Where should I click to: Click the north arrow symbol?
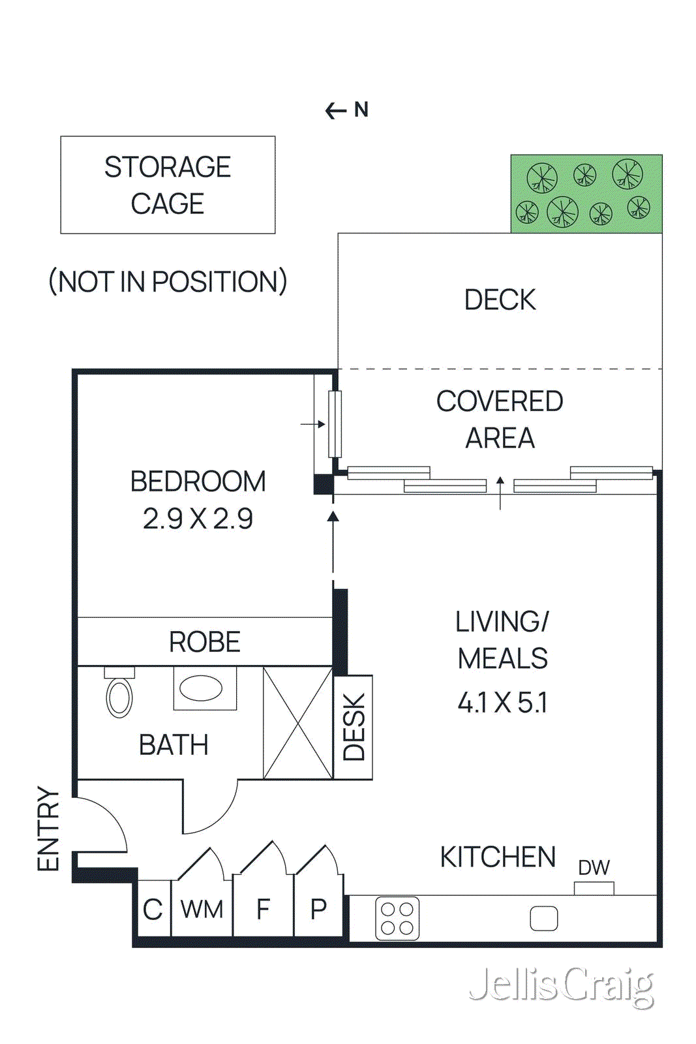(x=336, y=111)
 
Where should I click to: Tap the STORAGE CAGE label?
(x=168, y=185)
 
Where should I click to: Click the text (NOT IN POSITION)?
(x=168, y=282)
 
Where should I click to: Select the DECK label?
(x=500, y=300)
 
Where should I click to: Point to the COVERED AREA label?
(x=500, y=420)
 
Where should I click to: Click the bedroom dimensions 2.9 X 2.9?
(x=198, y=519)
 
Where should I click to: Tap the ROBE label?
(x=204, y=642)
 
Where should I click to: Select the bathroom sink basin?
(x=202, y=688)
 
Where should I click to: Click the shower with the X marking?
(x=298, y=723)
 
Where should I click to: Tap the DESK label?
(x=354, y=727)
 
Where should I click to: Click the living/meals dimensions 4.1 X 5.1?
(x=502, y=703)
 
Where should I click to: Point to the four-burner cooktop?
(x=397, y=919)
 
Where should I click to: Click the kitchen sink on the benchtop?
(x=543, y=919)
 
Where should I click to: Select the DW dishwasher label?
(x=594, y=868)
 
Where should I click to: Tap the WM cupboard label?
(x=202, y=910)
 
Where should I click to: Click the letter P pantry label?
(x=318, y=910)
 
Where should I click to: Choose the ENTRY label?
(x=48, y=829)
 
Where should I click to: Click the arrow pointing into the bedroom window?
(x=314, y=424)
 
